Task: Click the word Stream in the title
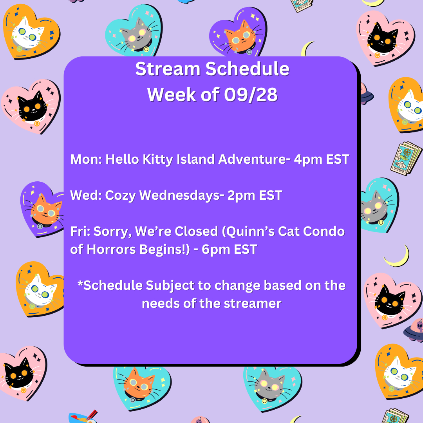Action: [168, 69]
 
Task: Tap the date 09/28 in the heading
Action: [251, 95]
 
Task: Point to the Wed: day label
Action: [86, 195]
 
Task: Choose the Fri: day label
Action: [80, 231]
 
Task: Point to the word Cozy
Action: [120, 196]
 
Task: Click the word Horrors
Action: [111, 249]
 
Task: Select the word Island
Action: [196, 159]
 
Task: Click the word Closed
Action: [196, 231]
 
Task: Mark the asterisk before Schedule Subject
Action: [80, 284]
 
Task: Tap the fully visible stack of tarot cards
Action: [406, 158]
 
